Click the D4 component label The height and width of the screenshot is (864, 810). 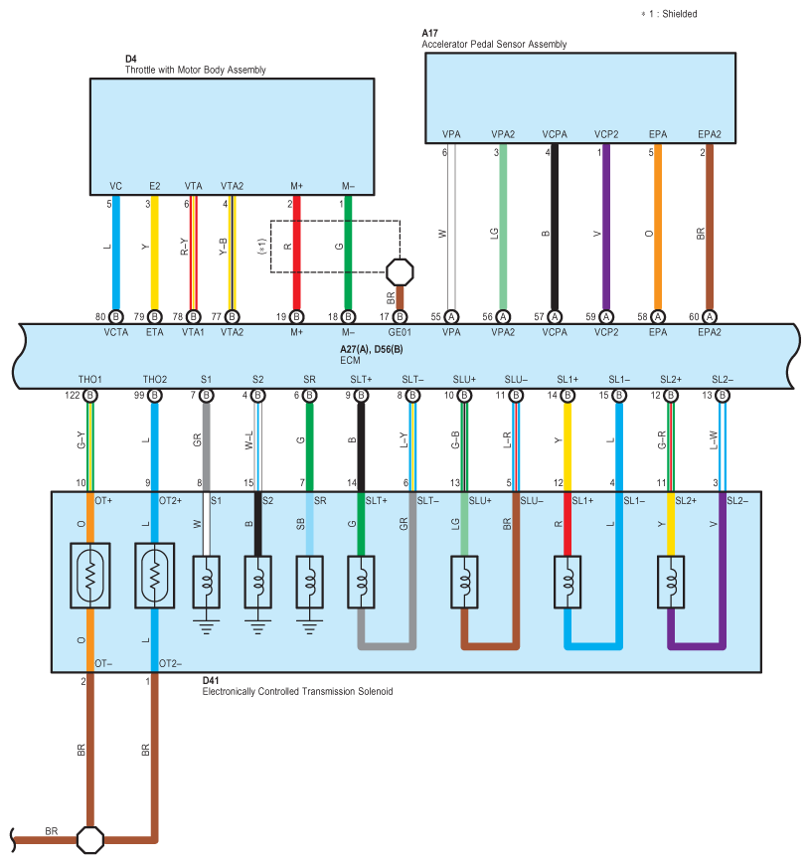point(130,59)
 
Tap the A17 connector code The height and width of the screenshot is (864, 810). point(429,33)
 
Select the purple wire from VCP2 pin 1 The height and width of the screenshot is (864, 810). point(606,227)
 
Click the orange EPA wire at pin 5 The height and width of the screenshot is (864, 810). point(658,227)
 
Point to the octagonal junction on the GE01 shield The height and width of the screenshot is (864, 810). point(400,272)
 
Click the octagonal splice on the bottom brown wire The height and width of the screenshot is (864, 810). point(90,840)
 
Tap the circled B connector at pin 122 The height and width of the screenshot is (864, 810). point(90,396)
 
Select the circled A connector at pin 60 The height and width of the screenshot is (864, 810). point(710,317)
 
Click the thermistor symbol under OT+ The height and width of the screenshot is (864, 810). point(90,576)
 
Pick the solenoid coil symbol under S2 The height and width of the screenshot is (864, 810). point(257,582)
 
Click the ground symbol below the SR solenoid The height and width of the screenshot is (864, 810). point(309,626)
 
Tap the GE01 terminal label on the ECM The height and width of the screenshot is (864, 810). point(400,333)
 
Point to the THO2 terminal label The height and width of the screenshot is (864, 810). point(155,380)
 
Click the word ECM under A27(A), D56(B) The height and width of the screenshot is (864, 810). point(350,360)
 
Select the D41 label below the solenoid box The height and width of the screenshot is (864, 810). point(211,680)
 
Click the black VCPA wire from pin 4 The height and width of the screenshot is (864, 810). point(555,227)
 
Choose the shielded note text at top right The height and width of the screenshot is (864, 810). point(669,14)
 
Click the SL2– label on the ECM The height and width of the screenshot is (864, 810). point(723,380)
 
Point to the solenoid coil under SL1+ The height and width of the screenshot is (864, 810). point(567,582)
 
